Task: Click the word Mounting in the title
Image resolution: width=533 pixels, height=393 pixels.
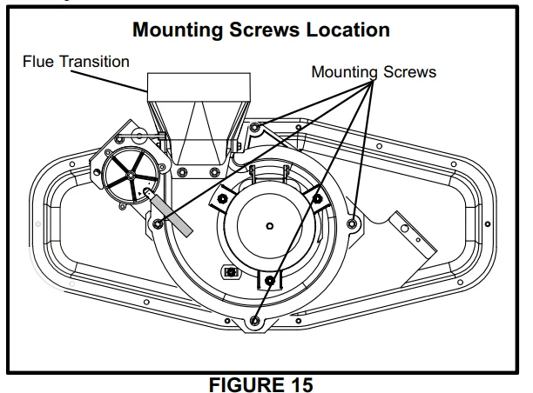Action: [x=179, y=30]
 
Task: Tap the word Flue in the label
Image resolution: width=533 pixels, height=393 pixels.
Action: [x=39, y=62]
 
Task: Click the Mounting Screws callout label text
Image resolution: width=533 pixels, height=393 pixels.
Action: [x=374, y=71]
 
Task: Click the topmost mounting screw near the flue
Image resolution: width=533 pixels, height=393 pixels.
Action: [x=255, y=129]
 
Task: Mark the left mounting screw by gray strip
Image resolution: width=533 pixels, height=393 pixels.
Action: [x=158, y=223]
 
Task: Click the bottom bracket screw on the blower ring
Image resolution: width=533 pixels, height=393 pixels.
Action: [x=269, y=281]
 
